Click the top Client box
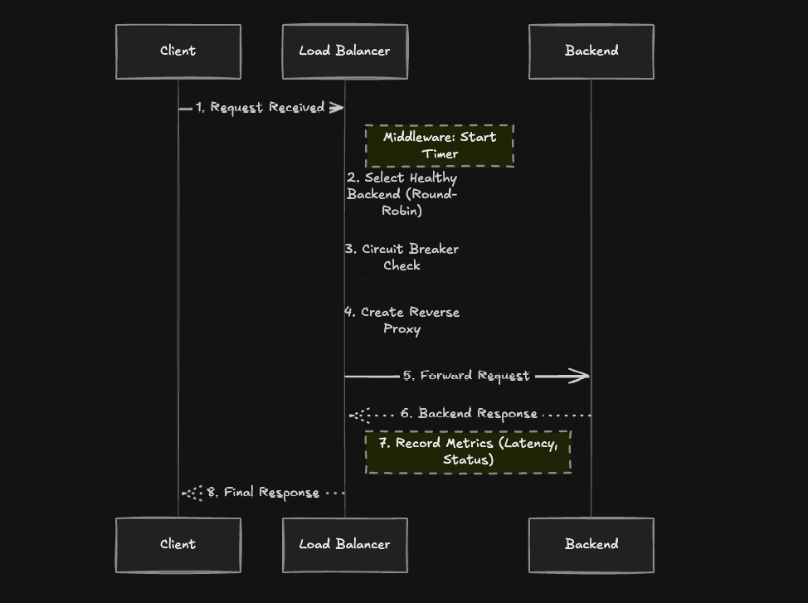point(178,51)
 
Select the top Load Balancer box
point(344,51)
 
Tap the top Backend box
point(591,51)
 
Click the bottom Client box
point(178,545)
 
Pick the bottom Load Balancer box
point(344,545)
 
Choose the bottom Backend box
point(591,545)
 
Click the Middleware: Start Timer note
point(440,145)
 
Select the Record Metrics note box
point(468,451)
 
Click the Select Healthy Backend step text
point(402,194)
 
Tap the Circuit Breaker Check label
point(402,257)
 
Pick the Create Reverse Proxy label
point(402,320)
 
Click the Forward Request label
point(466,376)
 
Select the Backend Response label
point(469,413)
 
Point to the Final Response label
point(263,493)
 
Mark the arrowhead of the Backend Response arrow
point(355,414)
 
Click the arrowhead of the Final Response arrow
point(187,493)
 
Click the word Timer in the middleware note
point(440,154)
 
